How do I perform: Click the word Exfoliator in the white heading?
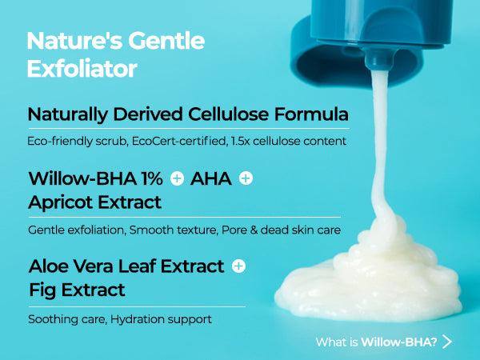[82, 68]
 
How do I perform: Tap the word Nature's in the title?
[74, 41]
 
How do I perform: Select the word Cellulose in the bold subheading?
[228, 114]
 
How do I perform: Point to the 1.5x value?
[240, 141]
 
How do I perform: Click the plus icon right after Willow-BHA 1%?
[177, 178]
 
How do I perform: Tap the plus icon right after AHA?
[246, 178]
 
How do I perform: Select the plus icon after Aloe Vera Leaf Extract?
[238, 266]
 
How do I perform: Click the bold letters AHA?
[211, 178]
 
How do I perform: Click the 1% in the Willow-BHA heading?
[152, 178]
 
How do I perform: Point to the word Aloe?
[48, 266]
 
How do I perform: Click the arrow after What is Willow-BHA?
[447, 342]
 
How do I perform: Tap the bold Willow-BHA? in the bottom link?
[399, 342]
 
